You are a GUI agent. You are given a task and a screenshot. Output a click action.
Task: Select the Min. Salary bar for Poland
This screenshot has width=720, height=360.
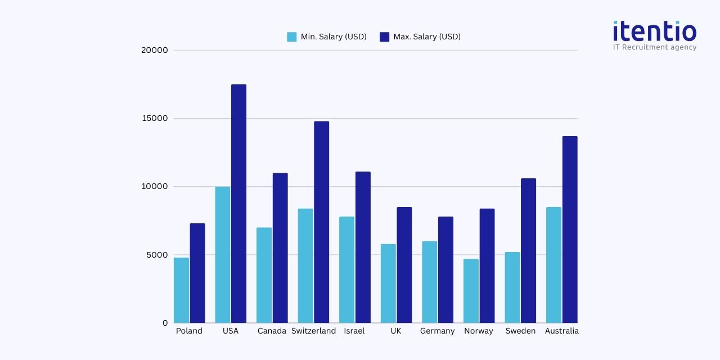(181, 290)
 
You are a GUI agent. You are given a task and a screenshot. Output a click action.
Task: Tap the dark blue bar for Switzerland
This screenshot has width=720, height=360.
(321, 222)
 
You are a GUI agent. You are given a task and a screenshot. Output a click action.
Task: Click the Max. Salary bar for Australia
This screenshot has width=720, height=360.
(569, 229)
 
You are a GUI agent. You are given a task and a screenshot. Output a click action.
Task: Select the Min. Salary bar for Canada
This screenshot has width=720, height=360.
(264, 275)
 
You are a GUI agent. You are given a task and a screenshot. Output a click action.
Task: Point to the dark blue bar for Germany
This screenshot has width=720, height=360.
(445, 269)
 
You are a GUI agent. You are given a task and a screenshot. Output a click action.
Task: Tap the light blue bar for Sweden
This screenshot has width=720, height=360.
(512, 287)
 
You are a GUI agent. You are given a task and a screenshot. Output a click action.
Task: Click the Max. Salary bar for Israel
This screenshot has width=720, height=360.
(363, 247)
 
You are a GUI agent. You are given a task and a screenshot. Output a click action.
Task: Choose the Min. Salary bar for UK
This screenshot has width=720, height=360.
(388, 283)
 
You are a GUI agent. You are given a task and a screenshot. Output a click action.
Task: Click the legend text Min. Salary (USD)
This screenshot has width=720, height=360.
(334, 37)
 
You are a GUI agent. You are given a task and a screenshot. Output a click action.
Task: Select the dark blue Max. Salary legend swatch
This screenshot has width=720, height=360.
(385, 37)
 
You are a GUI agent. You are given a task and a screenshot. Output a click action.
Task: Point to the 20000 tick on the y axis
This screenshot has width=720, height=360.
(154, 50)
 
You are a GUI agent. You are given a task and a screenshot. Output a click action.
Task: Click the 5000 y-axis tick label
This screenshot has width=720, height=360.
(157, 255)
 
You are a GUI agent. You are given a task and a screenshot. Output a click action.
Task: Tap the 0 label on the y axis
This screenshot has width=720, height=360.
(165, 323)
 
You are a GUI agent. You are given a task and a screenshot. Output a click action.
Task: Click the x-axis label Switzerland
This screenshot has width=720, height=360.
(313, 331)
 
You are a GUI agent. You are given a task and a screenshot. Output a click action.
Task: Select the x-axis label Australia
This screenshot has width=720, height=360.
(561, 331)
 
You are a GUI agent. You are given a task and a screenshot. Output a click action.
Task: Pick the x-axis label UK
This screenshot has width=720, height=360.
(396, 331)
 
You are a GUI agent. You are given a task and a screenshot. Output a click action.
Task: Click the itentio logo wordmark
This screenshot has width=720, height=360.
(654, 31)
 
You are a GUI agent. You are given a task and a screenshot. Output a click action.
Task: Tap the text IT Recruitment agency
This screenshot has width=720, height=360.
(654, 47)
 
